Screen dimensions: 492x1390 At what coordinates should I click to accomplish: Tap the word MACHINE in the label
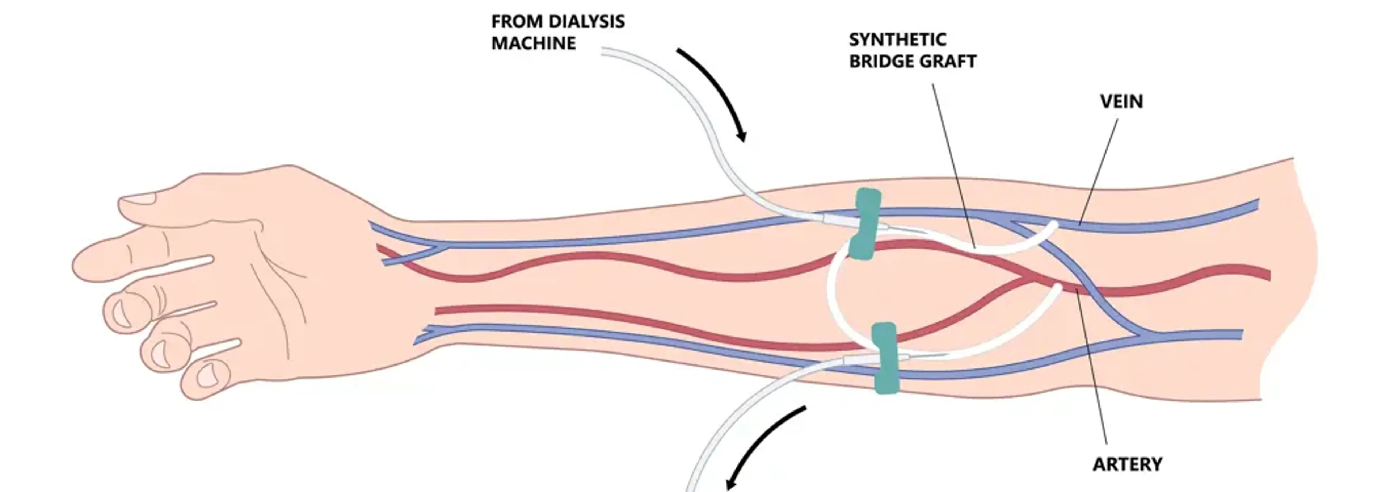[533, 43]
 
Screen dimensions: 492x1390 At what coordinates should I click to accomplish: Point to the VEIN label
[1121, 101]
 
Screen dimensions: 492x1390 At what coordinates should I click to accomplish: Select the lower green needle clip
[885, 358]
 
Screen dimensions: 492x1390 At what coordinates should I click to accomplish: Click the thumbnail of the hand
[139, 199]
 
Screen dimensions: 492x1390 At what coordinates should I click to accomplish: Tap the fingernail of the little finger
[207, 376]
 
